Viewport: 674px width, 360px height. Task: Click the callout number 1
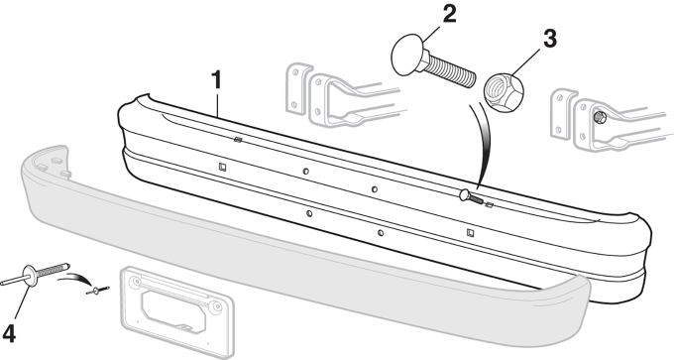click(x=217, y=80)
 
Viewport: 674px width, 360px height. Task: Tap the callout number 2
click(x=449, y=15)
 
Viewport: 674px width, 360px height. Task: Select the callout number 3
click(x=550, y=39)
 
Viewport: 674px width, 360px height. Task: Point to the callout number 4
click(x=9, y=334)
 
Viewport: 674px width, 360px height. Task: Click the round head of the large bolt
click(x=407, y=55)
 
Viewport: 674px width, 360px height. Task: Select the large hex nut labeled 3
click(x=505, y=91)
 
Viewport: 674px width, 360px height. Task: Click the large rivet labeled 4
click(x=36, y=274)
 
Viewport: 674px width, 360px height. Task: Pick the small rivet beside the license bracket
click(x=98, y=291)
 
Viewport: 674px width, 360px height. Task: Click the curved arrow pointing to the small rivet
click(x=78, y=279)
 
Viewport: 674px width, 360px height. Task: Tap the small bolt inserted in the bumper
click(x=470, y=196)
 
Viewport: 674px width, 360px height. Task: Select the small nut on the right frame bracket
click(x=600, y=116)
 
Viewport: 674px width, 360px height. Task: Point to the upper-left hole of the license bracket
click(x=137, y=283)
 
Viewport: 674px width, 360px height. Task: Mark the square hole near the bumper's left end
click(x=222, y=167)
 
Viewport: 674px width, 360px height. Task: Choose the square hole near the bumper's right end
click(x=470, y=233)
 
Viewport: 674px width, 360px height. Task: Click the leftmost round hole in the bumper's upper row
click(x=305, y=172)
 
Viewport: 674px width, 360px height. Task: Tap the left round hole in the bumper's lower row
click(x=309, y=213)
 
